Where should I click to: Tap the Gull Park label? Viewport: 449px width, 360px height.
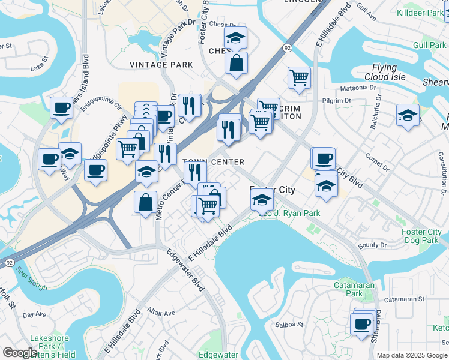(x=429, y=45)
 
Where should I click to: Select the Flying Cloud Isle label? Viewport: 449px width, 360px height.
(x=385, y=72)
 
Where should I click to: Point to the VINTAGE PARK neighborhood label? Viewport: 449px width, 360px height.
(x=161, y=65)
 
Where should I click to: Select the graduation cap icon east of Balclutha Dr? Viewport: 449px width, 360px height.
(x=408, y=115)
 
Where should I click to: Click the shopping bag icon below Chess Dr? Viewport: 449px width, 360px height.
(x=237, y=62)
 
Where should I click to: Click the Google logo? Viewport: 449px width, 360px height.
(x=20, y=353)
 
